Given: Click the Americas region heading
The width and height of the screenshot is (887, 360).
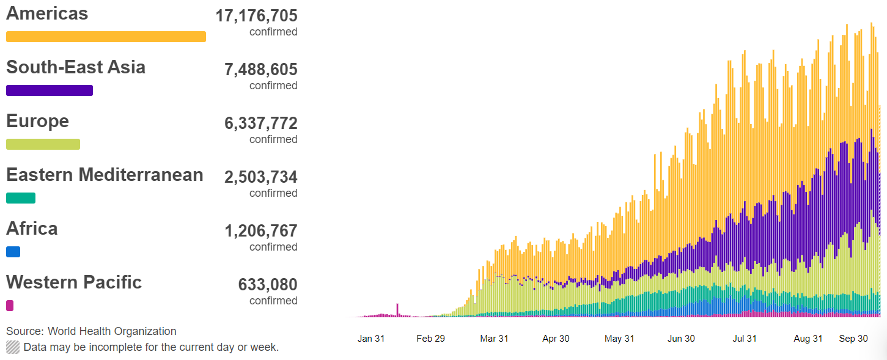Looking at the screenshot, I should tap(47, 14).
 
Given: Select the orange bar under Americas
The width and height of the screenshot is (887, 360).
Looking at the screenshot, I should tap(106, 37).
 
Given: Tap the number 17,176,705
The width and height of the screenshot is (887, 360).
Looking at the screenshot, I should tap(256, 16).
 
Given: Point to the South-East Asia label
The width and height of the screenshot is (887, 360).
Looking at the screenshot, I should tap(76, 67).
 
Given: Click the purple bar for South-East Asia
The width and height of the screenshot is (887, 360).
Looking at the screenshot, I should tap(50, 90).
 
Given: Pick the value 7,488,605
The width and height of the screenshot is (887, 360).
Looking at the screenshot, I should tap(261, 70).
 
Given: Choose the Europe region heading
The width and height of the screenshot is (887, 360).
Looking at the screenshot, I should tap(37, 121).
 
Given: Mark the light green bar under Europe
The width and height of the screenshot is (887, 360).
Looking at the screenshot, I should tap(43, 144).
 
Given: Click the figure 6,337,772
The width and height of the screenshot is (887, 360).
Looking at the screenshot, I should tap(261, 123).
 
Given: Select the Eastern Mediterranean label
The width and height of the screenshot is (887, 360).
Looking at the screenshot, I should tap(105, 175).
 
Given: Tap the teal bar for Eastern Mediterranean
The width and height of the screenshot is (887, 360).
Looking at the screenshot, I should tap(21, 198).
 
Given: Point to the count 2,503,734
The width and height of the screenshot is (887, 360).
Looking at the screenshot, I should tap(261, 177).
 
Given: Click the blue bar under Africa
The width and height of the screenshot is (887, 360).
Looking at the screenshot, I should tap(13, 252).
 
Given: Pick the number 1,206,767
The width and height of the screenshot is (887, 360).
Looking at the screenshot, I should tap(261, 231).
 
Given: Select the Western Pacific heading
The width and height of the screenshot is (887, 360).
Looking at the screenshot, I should tap(74, 282).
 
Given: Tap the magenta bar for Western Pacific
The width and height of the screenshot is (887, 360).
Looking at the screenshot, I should tap(10, 306).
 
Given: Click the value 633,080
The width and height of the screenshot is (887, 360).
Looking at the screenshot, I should tap(268, 285).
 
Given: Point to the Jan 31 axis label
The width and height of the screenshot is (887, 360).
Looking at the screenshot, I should tap(371, 339).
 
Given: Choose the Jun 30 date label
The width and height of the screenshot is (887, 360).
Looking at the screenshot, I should tap(681, 339).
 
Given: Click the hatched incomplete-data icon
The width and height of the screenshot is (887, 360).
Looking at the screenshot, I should tap(13, 347).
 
